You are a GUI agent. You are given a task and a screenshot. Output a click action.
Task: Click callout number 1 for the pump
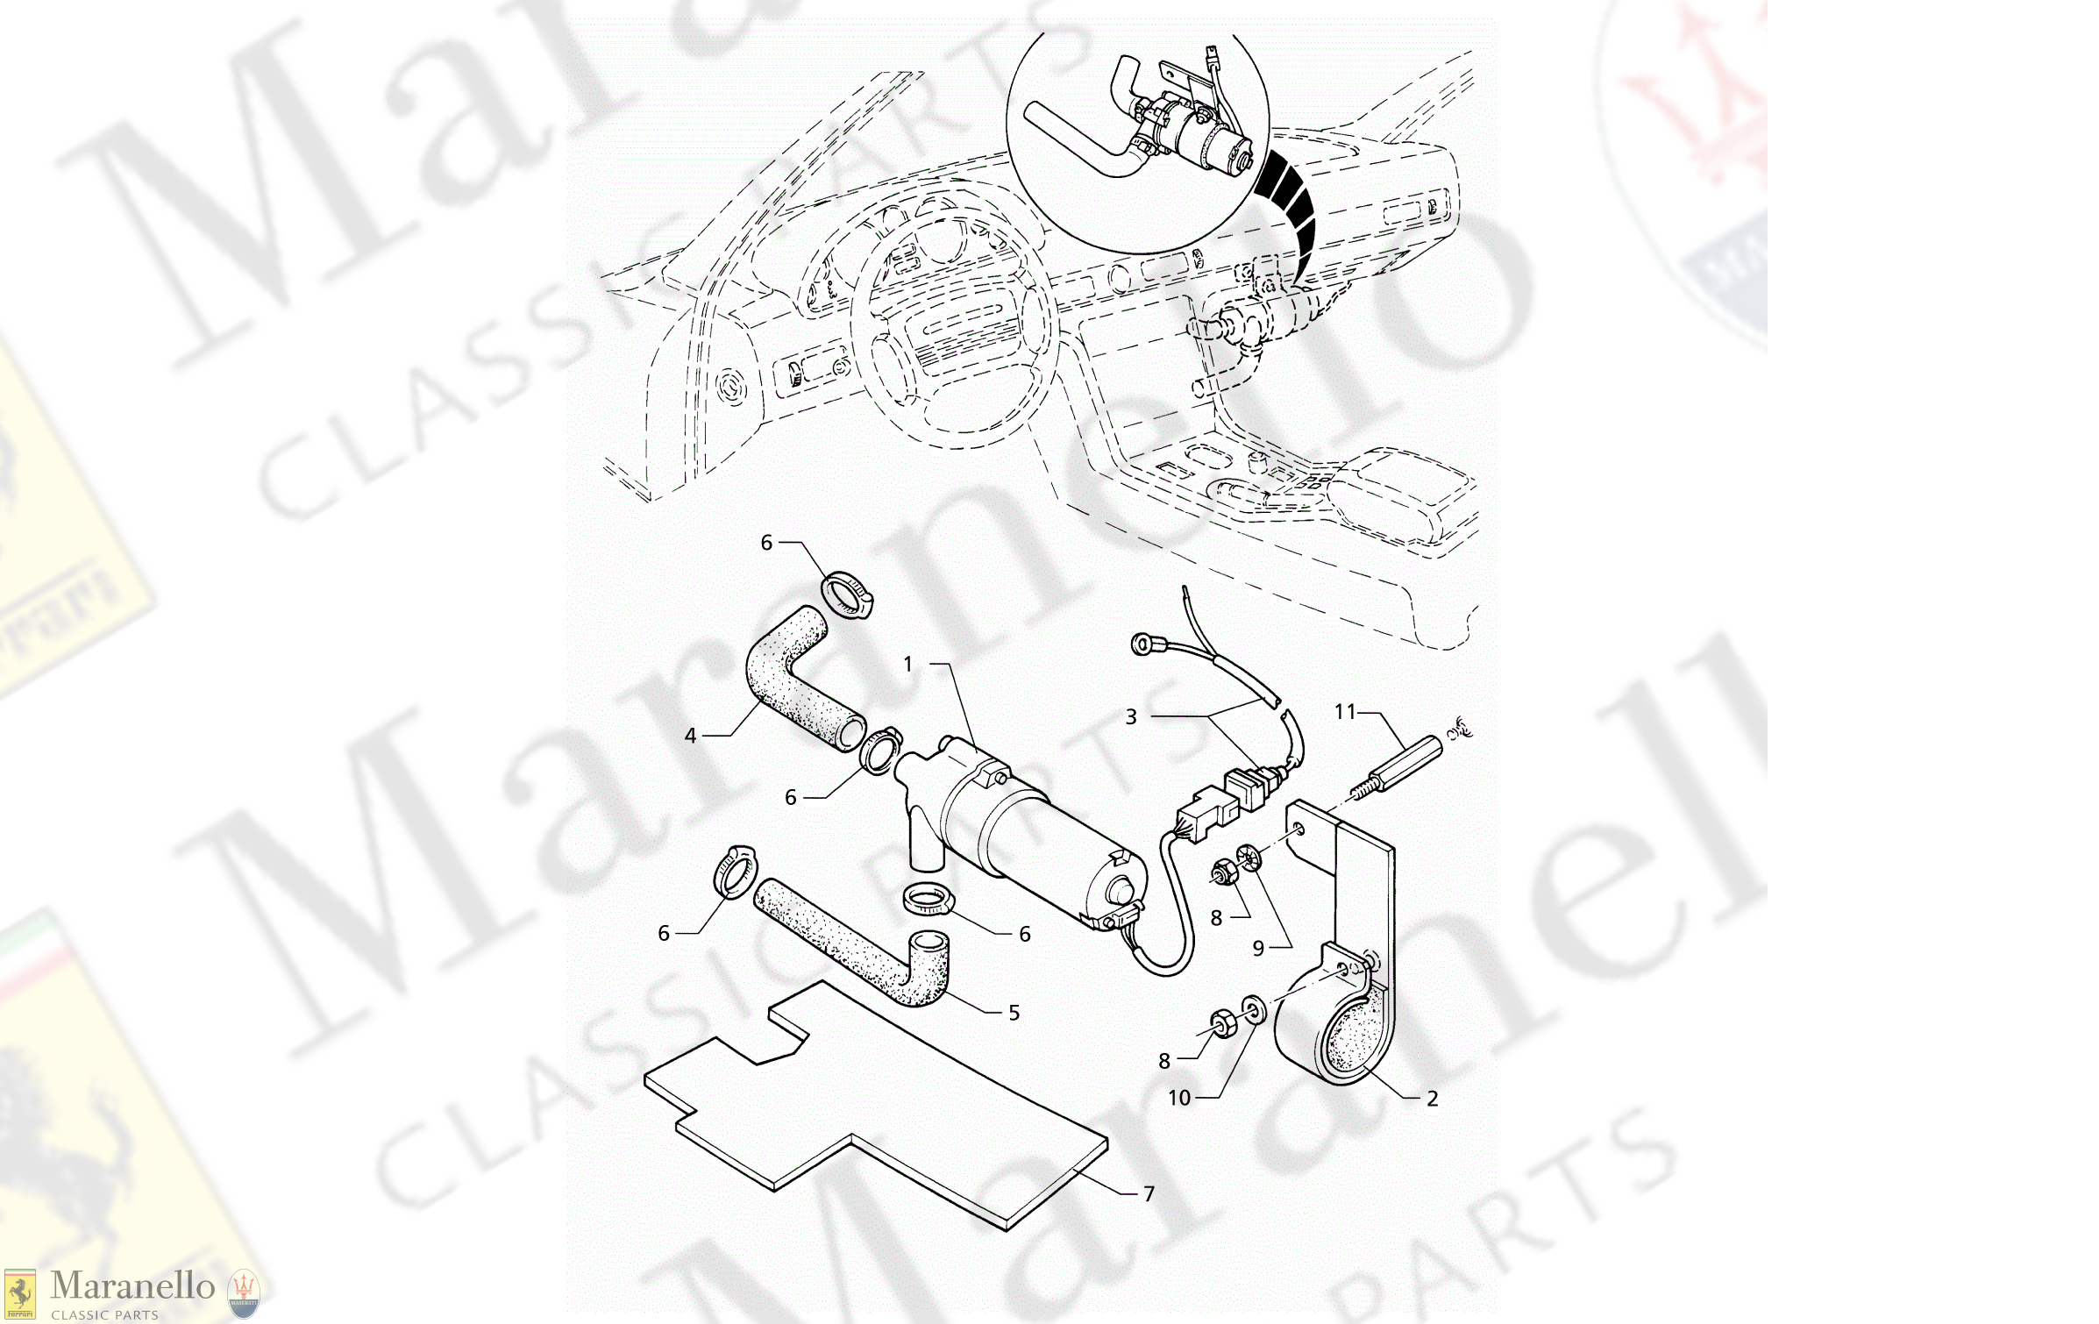coord(908,665)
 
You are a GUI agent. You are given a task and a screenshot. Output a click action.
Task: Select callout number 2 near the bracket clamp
coord(1432,1099)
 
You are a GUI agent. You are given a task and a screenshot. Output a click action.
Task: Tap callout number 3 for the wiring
coord(1131,717)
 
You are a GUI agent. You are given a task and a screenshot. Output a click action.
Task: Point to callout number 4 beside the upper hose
coord(690,737)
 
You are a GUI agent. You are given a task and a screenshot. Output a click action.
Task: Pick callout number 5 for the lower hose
coord(1014,1014)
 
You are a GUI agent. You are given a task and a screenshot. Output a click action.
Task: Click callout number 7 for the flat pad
coord(1149,1194)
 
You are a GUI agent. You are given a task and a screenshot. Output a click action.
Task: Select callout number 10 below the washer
coord(1179,1099)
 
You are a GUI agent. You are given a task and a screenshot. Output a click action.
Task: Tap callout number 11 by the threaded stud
coord(1345,712)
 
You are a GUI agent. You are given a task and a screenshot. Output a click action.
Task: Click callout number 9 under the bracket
coord(1258,949)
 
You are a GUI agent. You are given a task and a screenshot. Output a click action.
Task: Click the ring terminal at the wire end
coord(1142,645)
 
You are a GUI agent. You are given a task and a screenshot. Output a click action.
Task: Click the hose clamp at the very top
coord(848,594)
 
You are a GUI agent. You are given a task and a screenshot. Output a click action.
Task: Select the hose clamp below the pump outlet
coord(928,899)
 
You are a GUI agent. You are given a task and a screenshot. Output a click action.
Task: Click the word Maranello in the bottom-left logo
coord(132,1286)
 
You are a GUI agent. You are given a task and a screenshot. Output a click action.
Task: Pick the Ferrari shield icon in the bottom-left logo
coord(19,1293)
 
